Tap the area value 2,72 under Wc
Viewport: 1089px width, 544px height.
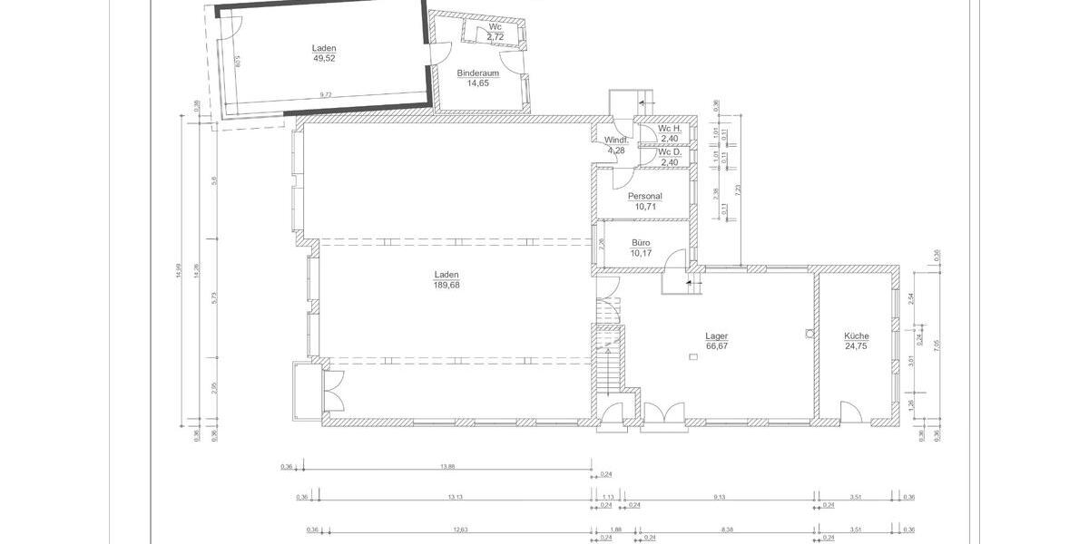point(495,35)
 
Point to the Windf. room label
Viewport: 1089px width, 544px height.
point(615,140)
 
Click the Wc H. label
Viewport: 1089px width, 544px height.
point(670,129)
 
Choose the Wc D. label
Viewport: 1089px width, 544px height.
point(670,152)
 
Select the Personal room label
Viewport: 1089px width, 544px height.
point(645,196)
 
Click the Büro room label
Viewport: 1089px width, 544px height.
point(641,243)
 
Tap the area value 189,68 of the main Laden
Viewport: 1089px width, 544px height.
point(446,285)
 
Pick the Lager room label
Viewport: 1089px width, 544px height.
point(717,335)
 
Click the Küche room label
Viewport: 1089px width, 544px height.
point(856,335)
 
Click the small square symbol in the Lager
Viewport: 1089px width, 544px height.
point(693,357)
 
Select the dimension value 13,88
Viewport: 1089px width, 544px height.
point(446,467)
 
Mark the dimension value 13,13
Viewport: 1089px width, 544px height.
point(456,497)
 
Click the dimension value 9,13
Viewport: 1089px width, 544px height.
point(720,497)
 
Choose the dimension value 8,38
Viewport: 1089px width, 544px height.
point(727,529)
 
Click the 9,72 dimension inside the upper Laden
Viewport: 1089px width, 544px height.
point(325,94)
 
